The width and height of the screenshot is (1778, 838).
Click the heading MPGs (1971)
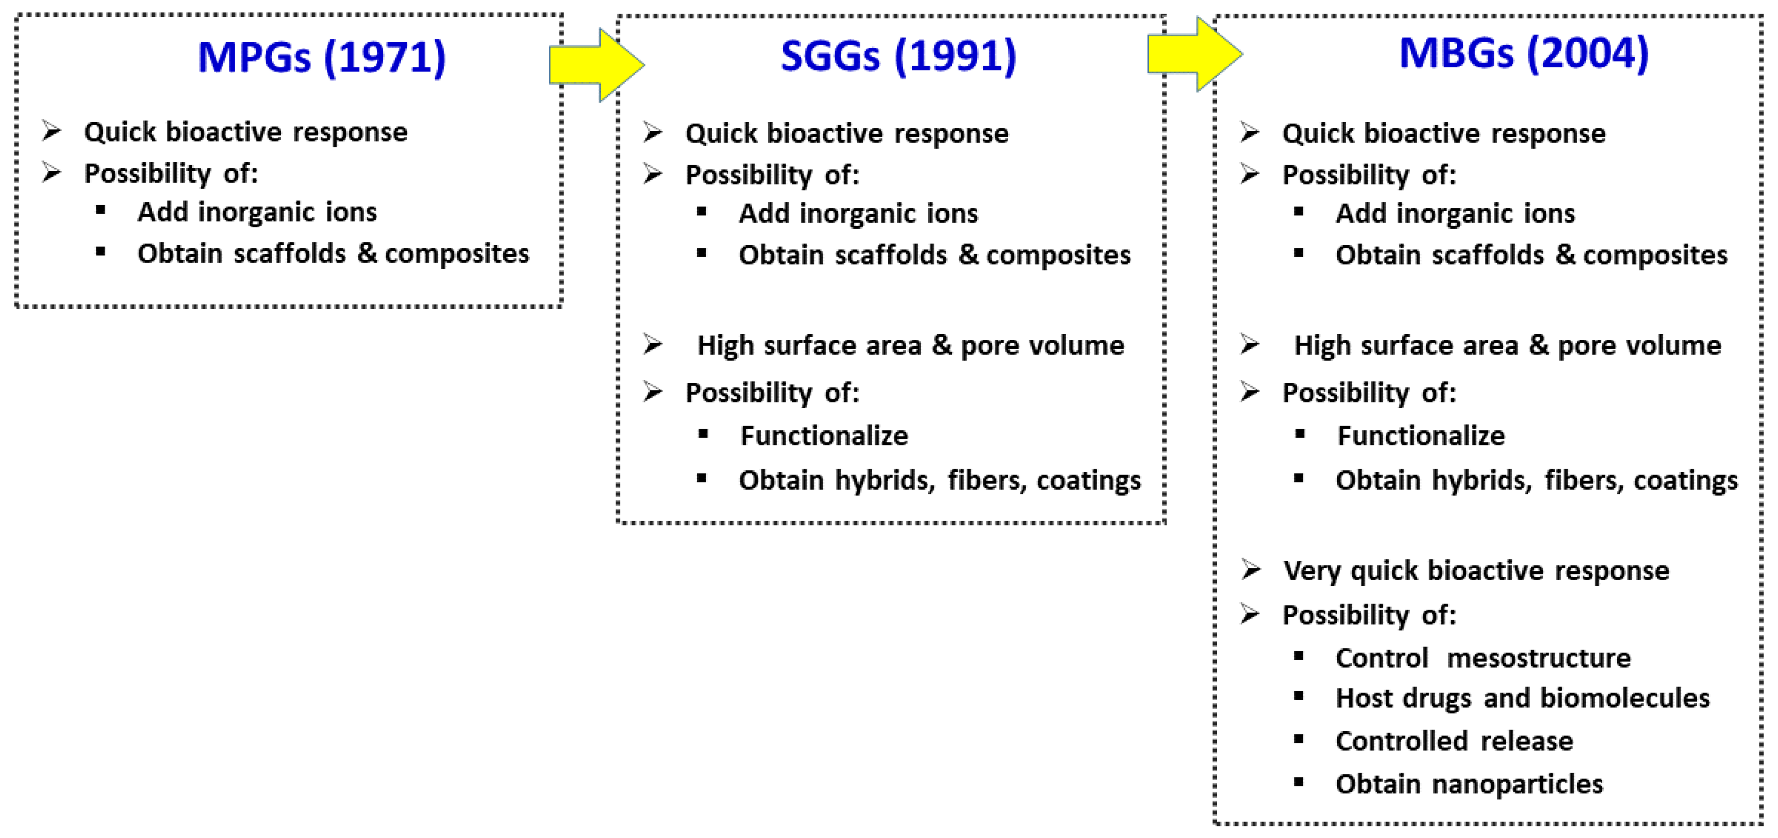322,57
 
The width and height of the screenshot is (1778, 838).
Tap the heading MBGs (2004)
1523,53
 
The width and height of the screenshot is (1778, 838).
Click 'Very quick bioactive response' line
1475,571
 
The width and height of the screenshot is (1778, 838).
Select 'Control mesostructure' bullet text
1483,658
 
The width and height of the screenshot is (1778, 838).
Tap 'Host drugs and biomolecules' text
1522,698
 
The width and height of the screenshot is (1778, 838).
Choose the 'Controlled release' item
1453,741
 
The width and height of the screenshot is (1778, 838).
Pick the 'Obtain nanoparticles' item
1469,783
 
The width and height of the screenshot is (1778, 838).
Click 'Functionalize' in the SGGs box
823,436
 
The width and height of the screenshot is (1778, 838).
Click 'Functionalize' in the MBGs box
1421,436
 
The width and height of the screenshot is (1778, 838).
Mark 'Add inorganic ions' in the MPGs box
257,212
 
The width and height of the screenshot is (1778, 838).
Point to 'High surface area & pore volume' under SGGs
910,345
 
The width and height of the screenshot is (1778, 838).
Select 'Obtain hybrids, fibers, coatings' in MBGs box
1536,480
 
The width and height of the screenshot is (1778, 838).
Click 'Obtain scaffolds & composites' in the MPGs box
333,254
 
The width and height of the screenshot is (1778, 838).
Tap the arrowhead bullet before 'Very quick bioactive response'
1251,570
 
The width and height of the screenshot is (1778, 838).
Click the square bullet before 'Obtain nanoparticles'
1298,782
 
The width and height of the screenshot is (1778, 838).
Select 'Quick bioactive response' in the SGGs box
846,133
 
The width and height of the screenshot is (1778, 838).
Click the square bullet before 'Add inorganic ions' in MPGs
101,210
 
